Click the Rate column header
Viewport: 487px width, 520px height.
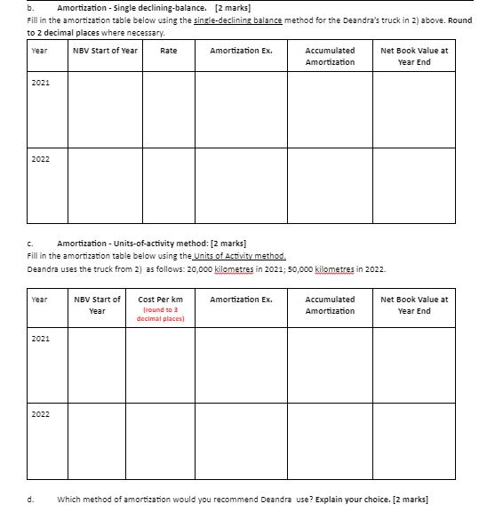pyautogui.click(x=168, y=51)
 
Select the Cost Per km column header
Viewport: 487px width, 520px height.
pyautogui.click(x=160, y=300)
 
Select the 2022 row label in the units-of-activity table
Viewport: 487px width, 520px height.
pyautogui.click(x=41, y=414)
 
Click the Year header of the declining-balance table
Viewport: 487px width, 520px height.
pyautogui.click(x=38, y=51)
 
